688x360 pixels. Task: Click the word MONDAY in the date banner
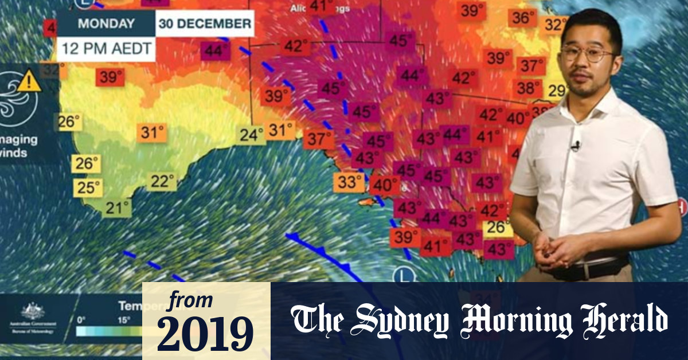(x=106, y=24)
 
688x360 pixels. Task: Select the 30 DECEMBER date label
(x=205, y=24)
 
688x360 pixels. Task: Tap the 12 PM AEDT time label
(x=107, y=48)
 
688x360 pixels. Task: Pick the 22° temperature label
(x=162, y=182)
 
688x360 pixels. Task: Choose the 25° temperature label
(x=89, y=187)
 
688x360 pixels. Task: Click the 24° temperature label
(x=252, y=135)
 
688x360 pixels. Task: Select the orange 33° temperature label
(x=349, y=183)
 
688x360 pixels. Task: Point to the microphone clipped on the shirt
(x=575, y=146)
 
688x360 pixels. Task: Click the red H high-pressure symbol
(x=681, y=205)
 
